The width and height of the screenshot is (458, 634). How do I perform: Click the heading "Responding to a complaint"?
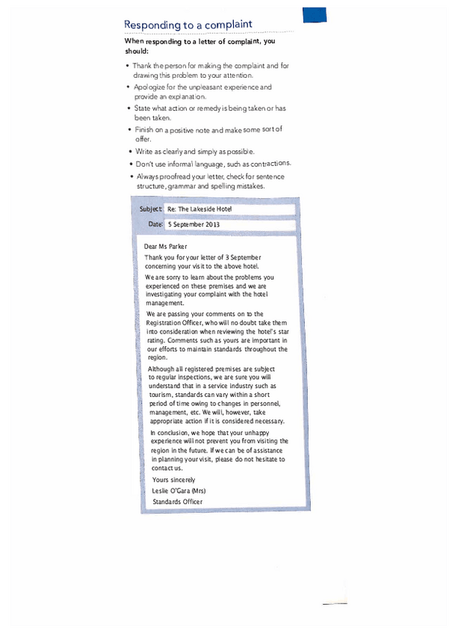pos(188,25)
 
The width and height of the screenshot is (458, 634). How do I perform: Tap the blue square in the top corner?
pos(314,16)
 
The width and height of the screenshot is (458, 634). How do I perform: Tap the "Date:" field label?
pos(155,224)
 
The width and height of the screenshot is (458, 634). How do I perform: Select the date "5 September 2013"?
pos(194,224)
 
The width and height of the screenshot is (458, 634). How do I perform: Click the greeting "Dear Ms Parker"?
pos(166,246)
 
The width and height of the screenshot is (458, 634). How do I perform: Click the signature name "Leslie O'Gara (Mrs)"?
pos(179,490)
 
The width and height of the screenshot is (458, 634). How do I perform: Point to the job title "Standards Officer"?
pos(177,502)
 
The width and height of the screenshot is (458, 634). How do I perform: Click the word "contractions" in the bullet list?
pos(267,163)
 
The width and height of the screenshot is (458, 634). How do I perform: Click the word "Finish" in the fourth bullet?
pos(143,130)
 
